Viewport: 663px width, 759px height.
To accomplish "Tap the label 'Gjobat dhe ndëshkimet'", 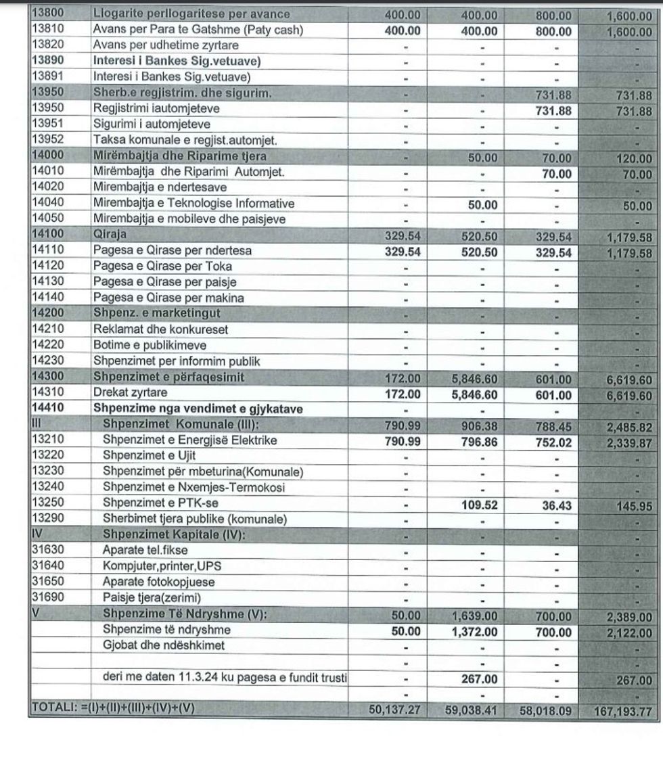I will tap(163, 646).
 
